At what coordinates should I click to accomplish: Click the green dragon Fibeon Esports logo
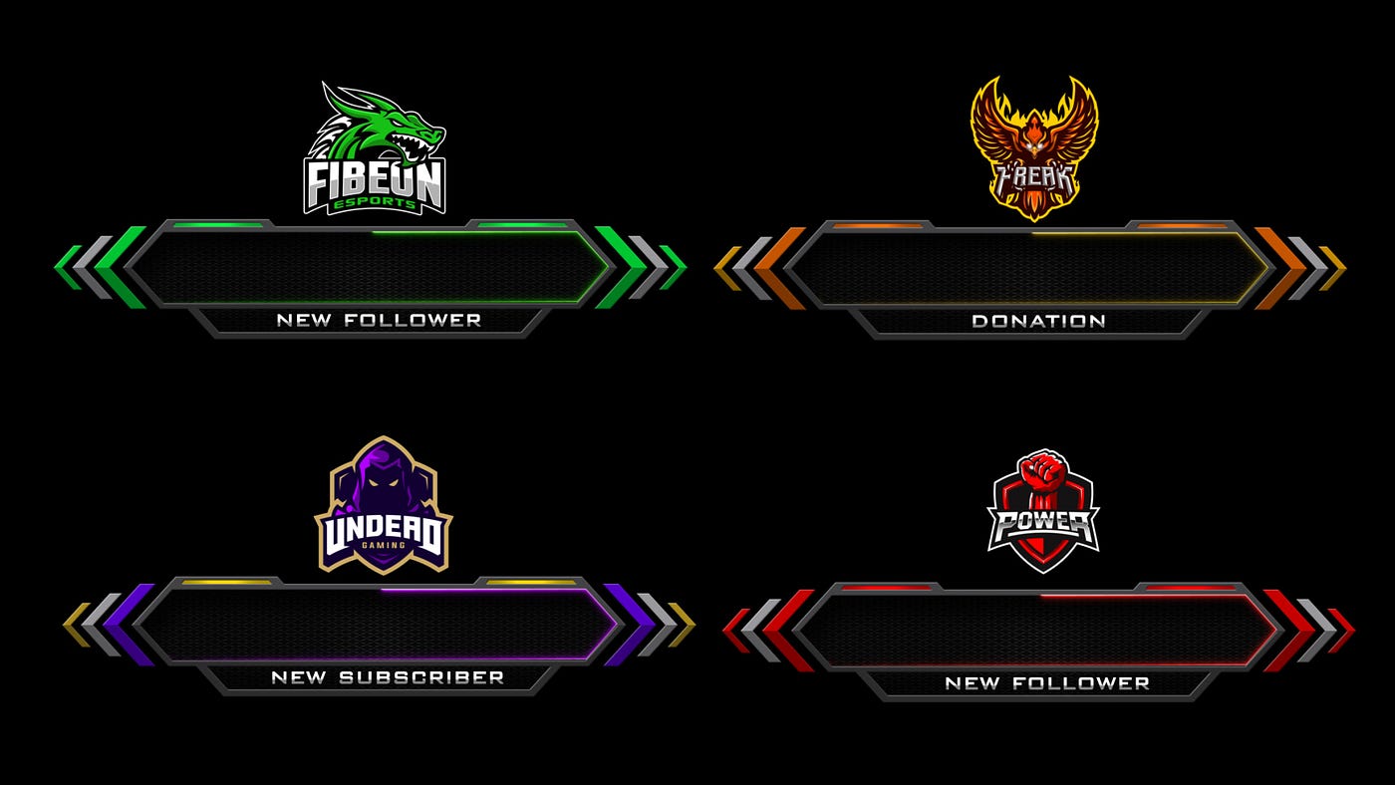tap(375, 149)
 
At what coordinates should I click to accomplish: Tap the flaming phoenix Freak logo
tap(1034, 148)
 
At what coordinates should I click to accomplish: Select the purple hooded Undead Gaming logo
tap(384, 505)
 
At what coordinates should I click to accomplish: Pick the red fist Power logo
tap(1044, 511)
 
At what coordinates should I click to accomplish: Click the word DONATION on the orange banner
tap(1038, 321)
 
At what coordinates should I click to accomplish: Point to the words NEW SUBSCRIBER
tap(388, 677)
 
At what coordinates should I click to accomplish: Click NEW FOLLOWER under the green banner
tap(379, 320)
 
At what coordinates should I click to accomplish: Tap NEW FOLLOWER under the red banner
tap(1047, 683)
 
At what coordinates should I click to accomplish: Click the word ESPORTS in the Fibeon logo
tap(375, 203)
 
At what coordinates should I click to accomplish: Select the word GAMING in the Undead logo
tap(384, 545)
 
